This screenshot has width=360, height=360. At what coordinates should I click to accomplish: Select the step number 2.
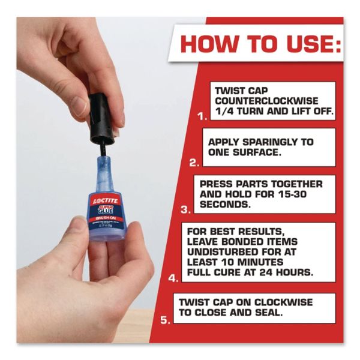tap(193, 162)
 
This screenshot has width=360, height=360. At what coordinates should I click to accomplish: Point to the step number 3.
tap(185, 209)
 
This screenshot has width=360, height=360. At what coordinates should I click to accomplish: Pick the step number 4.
tap(173, 278)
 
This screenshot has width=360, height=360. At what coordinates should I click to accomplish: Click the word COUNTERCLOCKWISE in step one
tap(264, 101)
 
